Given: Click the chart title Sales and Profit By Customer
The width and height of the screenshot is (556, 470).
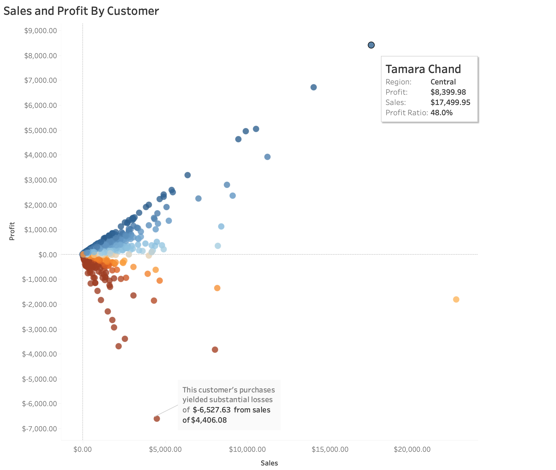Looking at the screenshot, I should coord(81,11).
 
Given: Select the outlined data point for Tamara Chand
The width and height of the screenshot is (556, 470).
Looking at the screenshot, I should coord(371,45).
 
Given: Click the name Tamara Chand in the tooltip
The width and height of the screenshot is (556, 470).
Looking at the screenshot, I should coord(423,69).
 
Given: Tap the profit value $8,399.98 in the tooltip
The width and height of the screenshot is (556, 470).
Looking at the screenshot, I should coord(448,92).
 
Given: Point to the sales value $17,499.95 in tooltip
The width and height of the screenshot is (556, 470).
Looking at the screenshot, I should coord(450,102).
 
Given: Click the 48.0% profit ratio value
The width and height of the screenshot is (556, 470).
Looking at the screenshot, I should coord(441,113).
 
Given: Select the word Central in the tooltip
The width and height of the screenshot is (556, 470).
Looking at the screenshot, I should coord(443,82).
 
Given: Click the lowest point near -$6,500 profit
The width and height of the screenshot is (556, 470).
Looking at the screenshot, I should coord(157,419).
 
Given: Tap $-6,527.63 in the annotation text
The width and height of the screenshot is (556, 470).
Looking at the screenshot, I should coord(212,410).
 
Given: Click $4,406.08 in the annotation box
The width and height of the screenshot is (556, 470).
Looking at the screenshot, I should coord(209,420).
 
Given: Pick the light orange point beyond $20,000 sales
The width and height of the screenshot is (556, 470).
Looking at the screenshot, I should coord(456,299).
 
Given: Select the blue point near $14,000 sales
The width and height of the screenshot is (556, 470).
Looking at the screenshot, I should coord(313,87).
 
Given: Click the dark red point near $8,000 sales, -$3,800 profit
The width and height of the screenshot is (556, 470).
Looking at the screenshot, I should coord(215,350).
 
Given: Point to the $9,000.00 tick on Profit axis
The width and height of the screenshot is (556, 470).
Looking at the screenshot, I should coord(40,31).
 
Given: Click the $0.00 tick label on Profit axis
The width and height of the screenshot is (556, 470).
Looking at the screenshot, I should coord(48,255).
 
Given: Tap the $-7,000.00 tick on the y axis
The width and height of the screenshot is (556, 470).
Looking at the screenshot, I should coord(40,429).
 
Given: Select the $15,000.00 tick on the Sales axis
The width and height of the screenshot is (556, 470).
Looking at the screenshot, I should coord(330,449).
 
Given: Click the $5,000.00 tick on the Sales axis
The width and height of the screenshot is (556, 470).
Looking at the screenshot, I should coord(165,449).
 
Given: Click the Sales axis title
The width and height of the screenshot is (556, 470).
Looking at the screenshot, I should coord(269,463).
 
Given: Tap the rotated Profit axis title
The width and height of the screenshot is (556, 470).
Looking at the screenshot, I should coord(12,231).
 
